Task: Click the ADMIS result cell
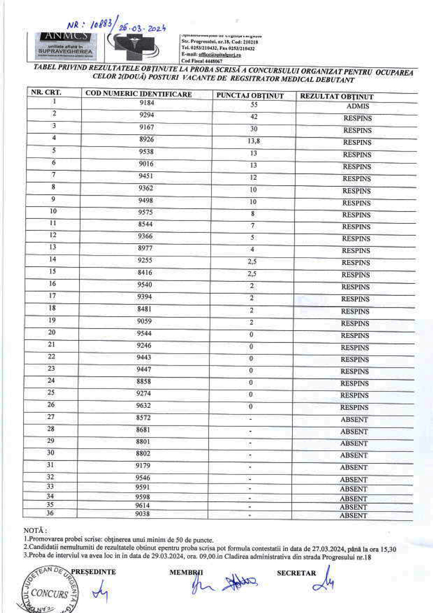pos(357,107)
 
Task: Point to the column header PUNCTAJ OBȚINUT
pos(250,96)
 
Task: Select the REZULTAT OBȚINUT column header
pos(337,97)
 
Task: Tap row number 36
pos(51,513)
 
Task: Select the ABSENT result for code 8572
pos(354,420)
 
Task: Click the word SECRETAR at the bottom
pos(296,573)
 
